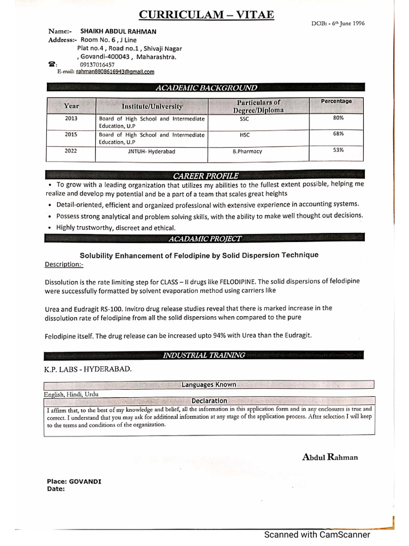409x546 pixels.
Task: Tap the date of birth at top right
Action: [338, 23]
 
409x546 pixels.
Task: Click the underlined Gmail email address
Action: [115, 71]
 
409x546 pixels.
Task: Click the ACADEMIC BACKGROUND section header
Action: [206, 87]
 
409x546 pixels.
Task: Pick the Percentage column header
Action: [336, 101]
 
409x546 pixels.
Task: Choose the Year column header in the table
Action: [71, 106]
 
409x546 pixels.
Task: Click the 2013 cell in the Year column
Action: [71, 118]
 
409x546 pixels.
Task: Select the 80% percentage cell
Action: [338, 117]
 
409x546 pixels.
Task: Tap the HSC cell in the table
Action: [244, 135]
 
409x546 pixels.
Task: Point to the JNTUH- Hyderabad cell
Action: [151, 151]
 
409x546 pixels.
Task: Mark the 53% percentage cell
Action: [338, 150]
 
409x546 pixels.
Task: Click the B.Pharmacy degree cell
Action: [247, 151]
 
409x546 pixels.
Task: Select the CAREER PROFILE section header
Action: [206, 175]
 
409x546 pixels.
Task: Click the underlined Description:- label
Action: [64, 264]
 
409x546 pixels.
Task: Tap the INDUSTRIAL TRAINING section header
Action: [204, 355]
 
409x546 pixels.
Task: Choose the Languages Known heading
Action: [209, 384]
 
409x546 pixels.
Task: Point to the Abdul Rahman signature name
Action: [330, 457]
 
